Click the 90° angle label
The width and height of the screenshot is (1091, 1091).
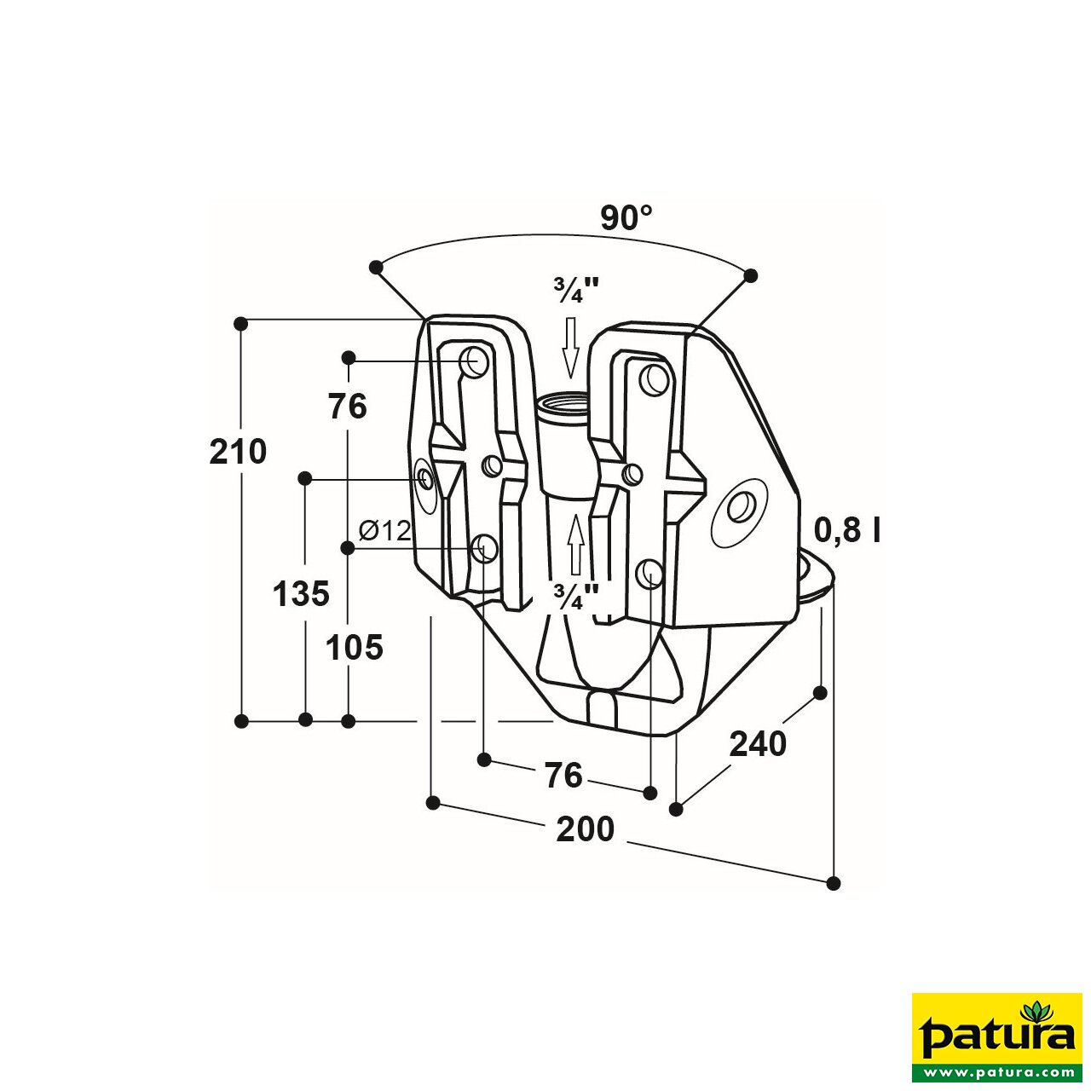point(626,218)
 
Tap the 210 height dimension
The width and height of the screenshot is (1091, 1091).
point(238,452)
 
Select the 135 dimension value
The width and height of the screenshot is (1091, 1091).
point(301,594)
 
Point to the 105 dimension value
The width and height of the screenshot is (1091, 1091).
point(355,649)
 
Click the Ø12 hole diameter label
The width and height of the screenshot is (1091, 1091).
point(384,531)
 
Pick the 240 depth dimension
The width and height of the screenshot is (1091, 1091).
point(758,744)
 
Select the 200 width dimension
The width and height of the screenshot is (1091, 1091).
point(585,829)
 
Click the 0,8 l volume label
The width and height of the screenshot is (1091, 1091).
point(847,530)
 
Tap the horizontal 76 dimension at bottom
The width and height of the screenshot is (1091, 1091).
point(563,776)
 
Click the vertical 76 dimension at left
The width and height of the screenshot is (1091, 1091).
point(348,407)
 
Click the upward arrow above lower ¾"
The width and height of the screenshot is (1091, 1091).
point(576,544)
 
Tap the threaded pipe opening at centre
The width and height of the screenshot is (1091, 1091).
point(563,401)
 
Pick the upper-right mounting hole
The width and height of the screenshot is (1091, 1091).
point(655,380)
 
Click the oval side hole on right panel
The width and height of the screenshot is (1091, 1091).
point(737,510)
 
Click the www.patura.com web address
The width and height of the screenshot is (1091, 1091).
point(996,1071)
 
